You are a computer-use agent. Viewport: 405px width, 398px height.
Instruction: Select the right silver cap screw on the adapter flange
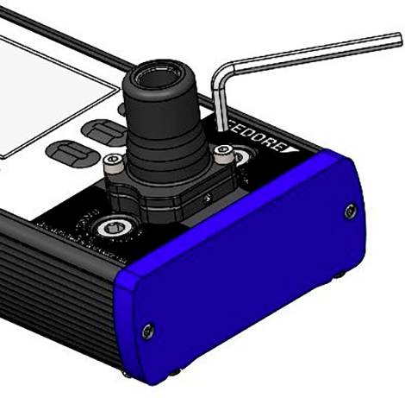224,150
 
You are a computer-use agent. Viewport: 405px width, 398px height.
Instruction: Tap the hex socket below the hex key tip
240,158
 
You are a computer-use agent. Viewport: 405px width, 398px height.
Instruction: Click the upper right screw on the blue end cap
349,210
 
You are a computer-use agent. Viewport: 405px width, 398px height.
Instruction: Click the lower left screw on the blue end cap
147,329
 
